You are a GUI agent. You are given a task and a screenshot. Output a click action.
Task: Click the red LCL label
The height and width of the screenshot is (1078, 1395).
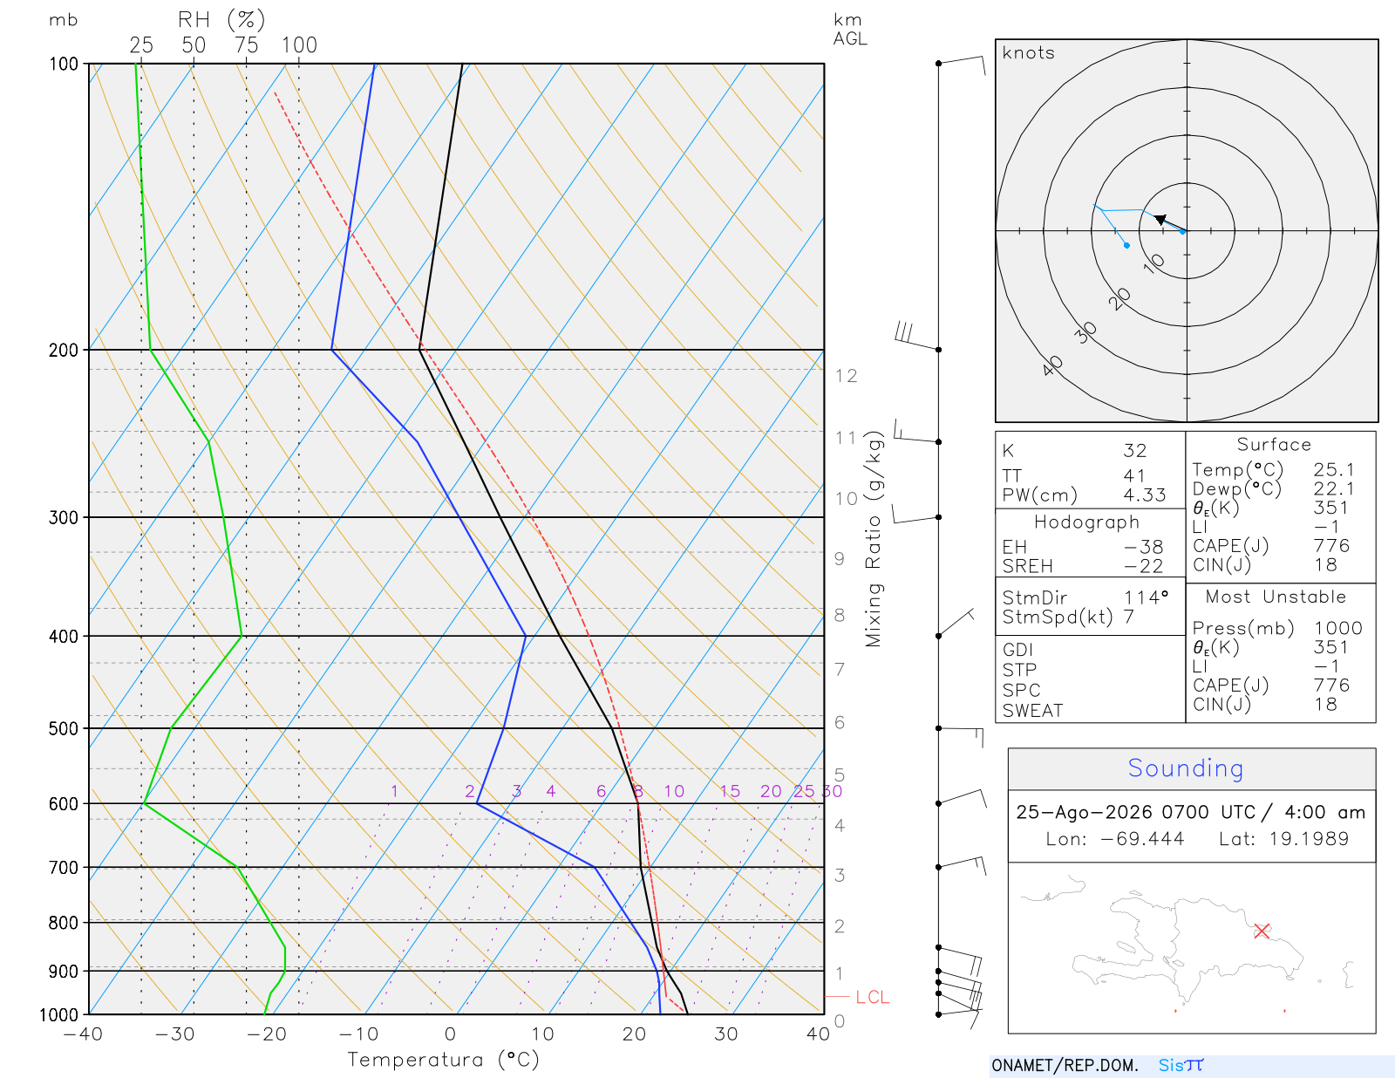point(872,997)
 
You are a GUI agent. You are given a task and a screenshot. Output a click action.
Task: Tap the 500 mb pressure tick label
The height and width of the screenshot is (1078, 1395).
point(63,729)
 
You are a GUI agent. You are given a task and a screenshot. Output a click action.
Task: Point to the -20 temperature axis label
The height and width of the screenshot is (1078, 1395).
point(267,1034)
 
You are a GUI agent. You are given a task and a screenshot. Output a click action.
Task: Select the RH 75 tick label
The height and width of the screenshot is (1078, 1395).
point(246,45)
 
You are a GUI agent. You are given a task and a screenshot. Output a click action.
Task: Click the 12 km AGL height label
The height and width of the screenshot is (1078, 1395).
point(846,376)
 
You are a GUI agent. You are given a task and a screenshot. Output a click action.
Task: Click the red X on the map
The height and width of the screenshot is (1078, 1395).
point(1261,931)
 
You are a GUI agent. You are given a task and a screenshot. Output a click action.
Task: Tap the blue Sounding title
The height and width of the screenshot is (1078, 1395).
point(1185,768)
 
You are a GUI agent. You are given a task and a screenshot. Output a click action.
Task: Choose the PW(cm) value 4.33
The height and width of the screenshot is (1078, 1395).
point(1144,495)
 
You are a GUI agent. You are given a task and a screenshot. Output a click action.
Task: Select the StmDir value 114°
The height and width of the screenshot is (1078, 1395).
point(1146,597)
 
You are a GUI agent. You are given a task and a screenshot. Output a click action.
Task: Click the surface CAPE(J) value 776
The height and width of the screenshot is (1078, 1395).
point(1331,545)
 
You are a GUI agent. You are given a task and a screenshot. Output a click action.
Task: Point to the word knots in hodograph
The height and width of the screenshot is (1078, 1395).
point(1029,52)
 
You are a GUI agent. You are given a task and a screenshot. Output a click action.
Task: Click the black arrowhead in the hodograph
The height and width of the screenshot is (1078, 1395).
point(1160,219)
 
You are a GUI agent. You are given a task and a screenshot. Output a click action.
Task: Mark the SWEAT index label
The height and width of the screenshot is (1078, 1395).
point(1032,711)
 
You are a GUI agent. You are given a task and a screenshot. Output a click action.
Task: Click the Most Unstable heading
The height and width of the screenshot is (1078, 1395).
point(1275,597)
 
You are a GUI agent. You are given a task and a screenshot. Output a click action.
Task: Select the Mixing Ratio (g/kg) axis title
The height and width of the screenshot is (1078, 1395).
point(874,539)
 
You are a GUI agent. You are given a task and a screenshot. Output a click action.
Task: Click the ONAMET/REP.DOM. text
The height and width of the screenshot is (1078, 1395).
point(1065,1065)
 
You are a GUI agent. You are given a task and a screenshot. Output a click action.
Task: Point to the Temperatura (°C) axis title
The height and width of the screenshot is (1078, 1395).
point(443,1060)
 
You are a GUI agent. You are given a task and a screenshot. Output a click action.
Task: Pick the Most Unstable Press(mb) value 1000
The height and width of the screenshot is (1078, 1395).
point(1337,627)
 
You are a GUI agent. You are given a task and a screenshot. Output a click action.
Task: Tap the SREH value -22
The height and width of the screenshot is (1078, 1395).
point(1143,566)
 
